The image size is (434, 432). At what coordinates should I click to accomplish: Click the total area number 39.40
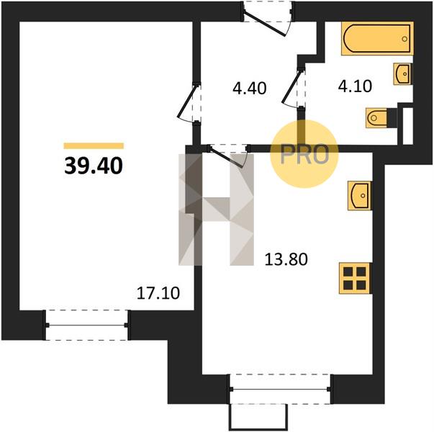94,166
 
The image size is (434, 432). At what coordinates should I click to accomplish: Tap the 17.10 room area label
158,293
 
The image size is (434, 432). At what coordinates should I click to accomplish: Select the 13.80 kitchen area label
286,259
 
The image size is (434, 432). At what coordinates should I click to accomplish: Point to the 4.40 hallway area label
250,89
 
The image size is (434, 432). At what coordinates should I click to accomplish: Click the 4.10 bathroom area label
355,86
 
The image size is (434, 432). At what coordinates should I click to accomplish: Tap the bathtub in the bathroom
377,38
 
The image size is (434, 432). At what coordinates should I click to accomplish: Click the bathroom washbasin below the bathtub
403,74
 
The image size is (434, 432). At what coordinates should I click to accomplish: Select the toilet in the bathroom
381,117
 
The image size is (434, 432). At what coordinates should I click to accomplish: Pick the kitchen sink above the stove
360,196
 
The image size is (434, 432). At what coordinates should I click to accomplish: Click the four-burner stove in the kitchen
355,278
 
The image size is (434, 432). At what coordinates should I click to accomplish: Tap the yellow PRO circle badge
304,154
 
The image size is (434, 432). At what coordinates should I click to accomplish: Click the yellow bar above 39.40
94,145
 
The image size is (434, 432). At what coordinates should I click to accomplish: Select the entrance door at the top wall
267,19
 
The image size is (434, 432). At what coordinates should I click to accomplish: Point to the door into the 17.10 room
189,102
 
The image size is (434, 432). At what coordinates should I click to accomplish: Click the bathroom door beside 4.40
294,88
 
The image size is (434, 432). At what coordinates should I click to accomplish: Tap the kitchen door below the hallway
229,155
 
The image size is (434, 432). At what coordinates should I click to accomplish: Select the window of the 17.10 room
86,325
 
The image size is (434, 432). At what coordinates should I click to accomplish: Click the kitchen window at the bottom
280,389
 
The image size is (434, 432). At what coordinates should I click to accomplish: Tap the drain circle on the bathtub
404,39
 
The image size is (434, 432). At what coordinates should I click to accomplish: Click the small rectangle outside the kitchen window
258,418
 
